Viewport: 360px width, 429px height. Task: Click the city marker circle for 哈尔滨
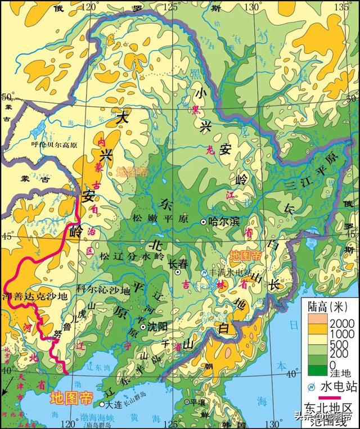coord(204,222)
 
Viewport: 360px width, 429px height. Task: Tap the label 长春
coord(178,263)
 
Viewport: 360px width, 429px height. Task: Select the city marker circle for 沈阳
coord(143,327)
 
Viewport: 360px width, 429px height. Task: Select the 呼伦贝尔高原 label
coord(53,144)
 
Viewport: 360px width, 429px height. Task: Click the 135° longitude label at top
coord(342,7)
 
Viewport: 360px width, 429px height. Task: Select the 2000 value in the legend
coord(340,322)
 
